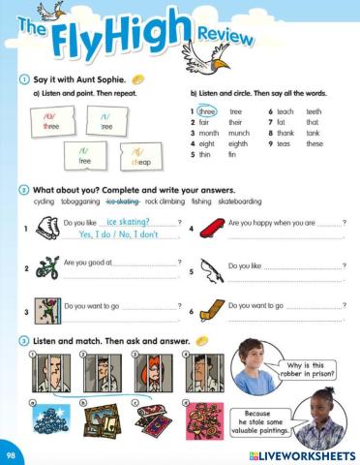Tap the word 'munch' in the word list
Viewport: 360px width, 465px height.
coord(239,134)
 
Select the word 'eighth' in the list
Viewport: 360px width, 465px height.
coord(238,144)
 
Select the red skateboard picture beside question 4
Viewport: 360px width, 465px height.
coord(204,229)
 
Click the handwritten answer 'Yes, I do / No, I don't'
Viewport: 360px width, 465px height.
coord(118,234)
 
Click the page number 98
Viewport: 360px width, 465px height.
coord(11,453)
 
